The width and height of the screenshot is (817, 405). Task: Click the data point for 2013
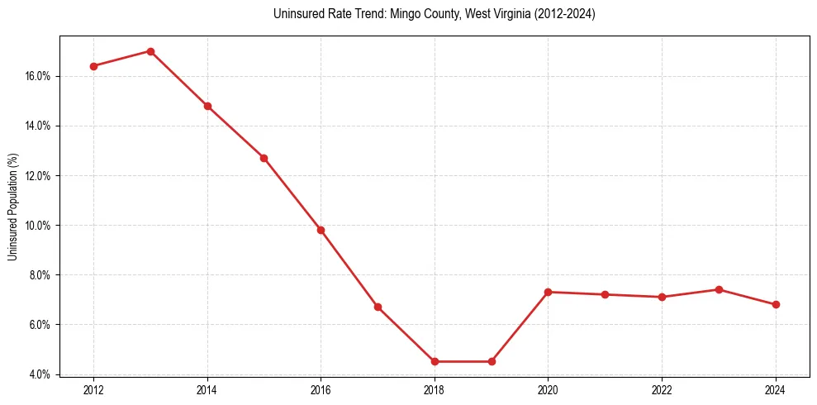(x=150, y=51)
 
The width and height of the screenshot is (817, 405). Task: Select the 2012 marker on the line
(x=93, y=66)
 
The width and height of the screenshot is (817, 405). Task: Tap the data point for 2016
(x=321, y=230)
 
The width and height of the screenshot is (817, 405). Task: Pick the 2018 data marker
(x=435, y=361)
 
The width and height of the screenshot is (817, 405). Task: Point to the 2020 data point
(x=549, y=292)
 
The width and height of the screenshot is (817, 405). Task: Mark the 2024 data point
(x=776, y=304)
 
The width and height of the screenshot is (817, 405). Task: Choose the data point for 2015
(x=264, y=158)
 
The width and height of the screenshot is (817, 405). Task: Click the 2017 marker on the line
(x=378, y=307)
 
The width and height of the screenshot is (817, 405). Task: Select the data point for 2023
(x=719, y=289)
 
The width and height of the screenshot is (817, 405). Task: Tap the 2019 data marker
(x=492, y=361)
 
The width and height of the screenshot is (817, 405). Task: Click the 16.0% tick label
(x=39, y=76)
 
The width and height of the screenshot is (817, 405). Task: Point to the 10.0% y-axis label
(x=39, y=225)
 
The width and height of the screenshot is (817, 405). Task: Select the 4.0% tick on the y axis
(x=41, y=374)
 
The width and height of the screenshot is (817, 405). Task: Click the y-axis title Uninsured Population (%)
(x=12, y=207)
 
